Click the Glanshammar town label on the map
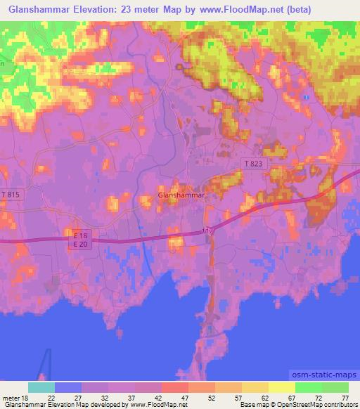(181, 195)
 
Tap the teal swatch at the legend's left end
(41, 388)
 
